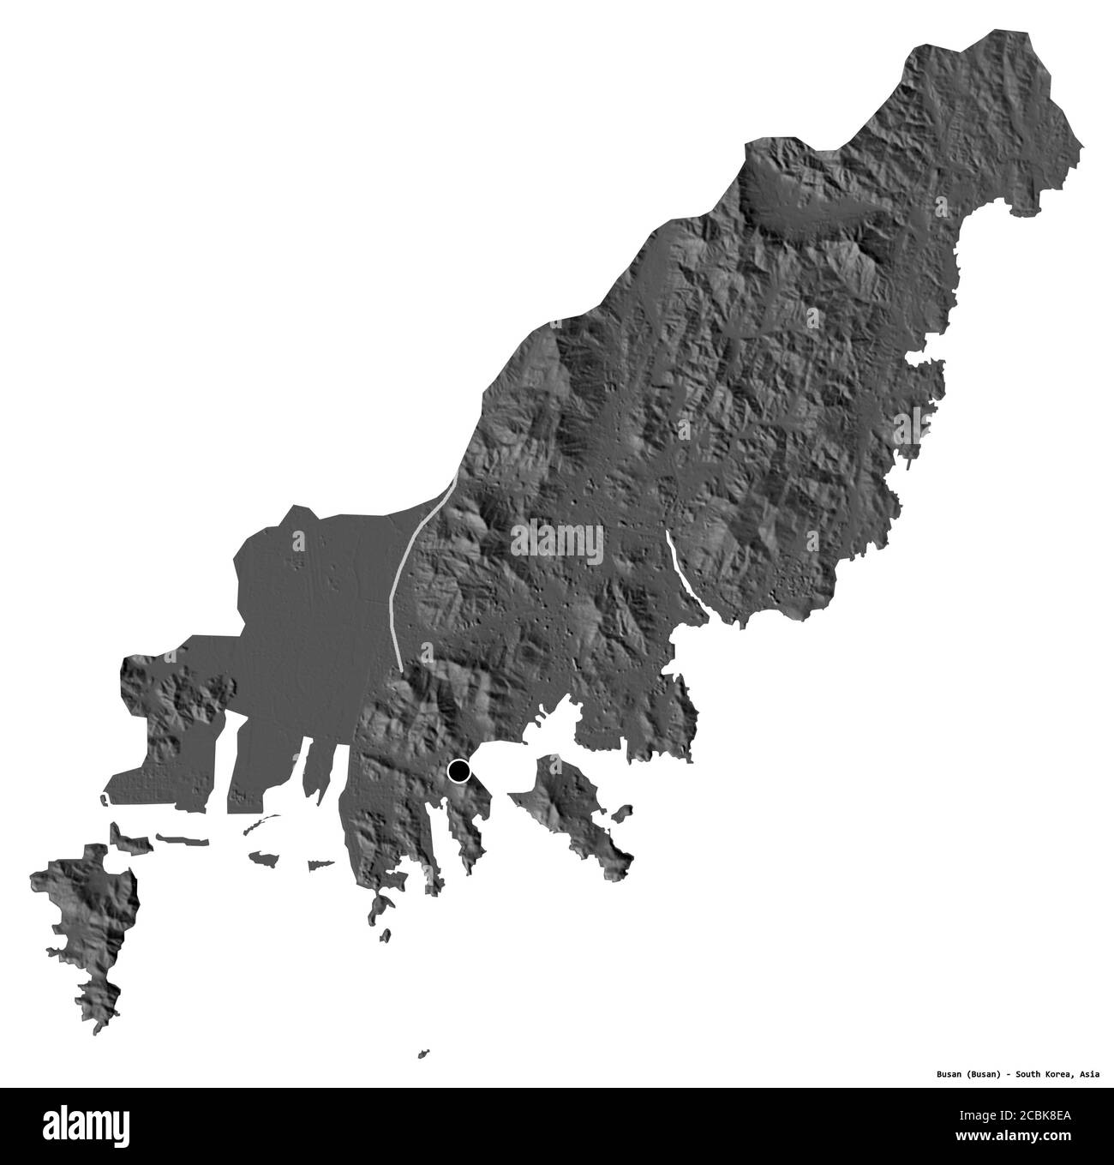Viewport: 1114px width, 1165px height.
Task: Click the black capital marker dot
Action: (460, 772)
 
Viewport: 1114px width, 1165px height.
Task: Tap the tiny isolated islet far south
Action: (423, 1053)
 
